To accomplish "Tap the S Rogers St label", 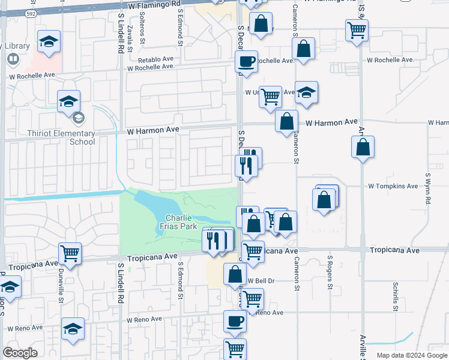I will click(x=330, y=271).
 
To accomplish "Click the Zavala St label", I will click(x=130, y=37).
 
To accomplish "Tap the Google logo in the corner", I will click(x=20, y=353).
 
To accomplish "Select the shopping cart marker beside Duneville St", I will click(x=70, y=253).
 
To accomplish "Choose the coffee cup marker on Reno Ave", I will click(x=234, y=320).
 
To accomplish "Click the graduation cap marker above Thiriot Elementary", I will click(x=68, y=100).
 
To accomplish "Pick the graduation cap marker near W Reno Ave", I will click(x=73, y=328).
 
